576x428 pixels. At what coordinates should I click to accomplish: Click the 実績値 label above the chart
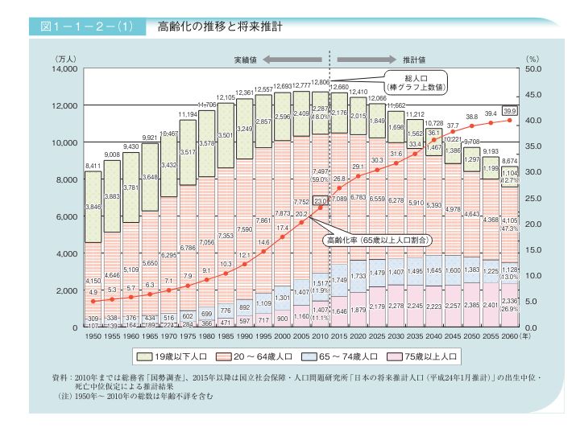point(246,60)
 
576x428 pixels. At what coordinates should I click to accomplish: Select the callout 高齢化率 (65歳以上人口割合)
point(379,240)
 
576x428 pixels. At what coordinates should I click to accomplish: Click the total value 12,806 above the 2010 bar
point(320,83)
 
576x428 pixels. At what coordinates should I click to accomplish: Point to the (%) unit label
point(532,60)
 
